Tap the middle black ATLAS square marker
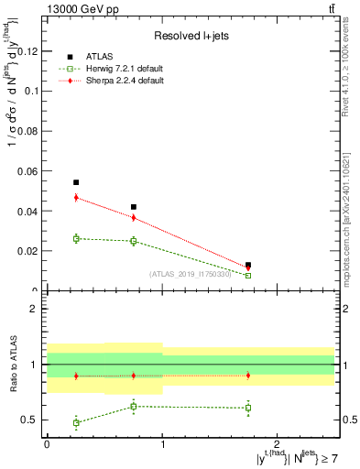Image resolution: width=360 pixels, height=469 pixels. click(134, 207)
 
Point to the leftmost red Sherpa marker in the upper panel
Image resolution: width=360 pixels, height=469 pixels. click(76, 197)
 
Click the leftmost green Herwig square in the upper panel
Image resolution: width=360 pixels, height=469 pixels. click(76, 238)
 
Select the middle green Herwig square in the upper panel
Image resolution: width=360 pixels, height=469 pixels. click(134, 241)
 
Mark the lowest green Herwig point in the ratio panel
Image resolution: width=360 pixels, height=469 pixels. click(76, 422)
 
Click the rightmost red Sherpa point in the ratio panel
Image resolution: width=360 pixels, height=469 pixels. click(248, 376)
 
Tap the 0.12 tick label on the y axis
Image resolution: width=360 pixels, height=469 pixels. click(28, 52)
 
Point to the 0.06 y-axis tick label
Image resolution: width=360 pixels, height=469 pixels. click(28, 171)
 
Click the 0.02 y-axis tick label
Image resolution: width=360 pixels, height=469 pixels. click(28, 251)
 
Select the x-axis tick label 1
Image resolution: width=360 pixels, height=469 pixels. click(163, 443)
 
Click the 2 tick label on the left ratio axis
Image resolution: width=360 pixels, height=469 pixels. click(34, 309)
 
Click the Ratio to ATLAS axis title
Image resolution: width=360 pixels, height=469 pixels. click(13, 365)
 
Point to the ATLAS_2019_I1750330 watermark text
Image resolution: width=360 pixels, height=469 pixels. click(191, 273)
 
